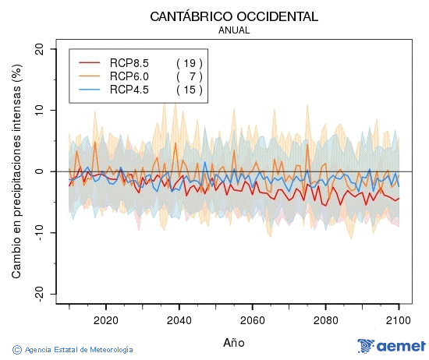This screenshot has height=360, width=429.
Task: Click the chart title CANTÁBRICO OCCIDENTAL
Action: [x=234, y=16]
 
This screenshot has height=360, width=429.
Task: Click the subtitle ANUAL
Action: [x=234, y=30]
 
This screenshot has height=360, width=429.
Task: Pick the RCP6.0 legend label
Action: [x=129, y=76]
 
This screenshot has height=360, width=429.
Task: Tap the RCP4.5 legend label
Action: [x=129, y=90]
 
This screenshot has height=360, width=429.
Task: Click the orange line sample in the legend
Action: [x=90, y=76]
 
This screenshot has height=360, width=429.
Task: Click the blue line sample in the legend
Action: [x=90, y=90]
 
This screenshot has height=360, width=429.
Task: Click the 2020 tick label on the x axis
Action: [x=105, y=319]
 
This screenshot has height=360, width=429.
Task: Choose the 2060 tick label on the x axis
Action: [x=252, y=319]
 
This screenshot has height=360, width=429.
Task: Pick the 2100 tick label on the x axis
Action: [x=399, y=319]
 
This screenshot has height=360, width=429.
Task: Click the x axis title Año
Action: [x=234, y=342]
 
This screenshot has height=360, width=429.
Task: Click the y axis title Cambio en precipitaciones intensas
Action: [x=16, y=171]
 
